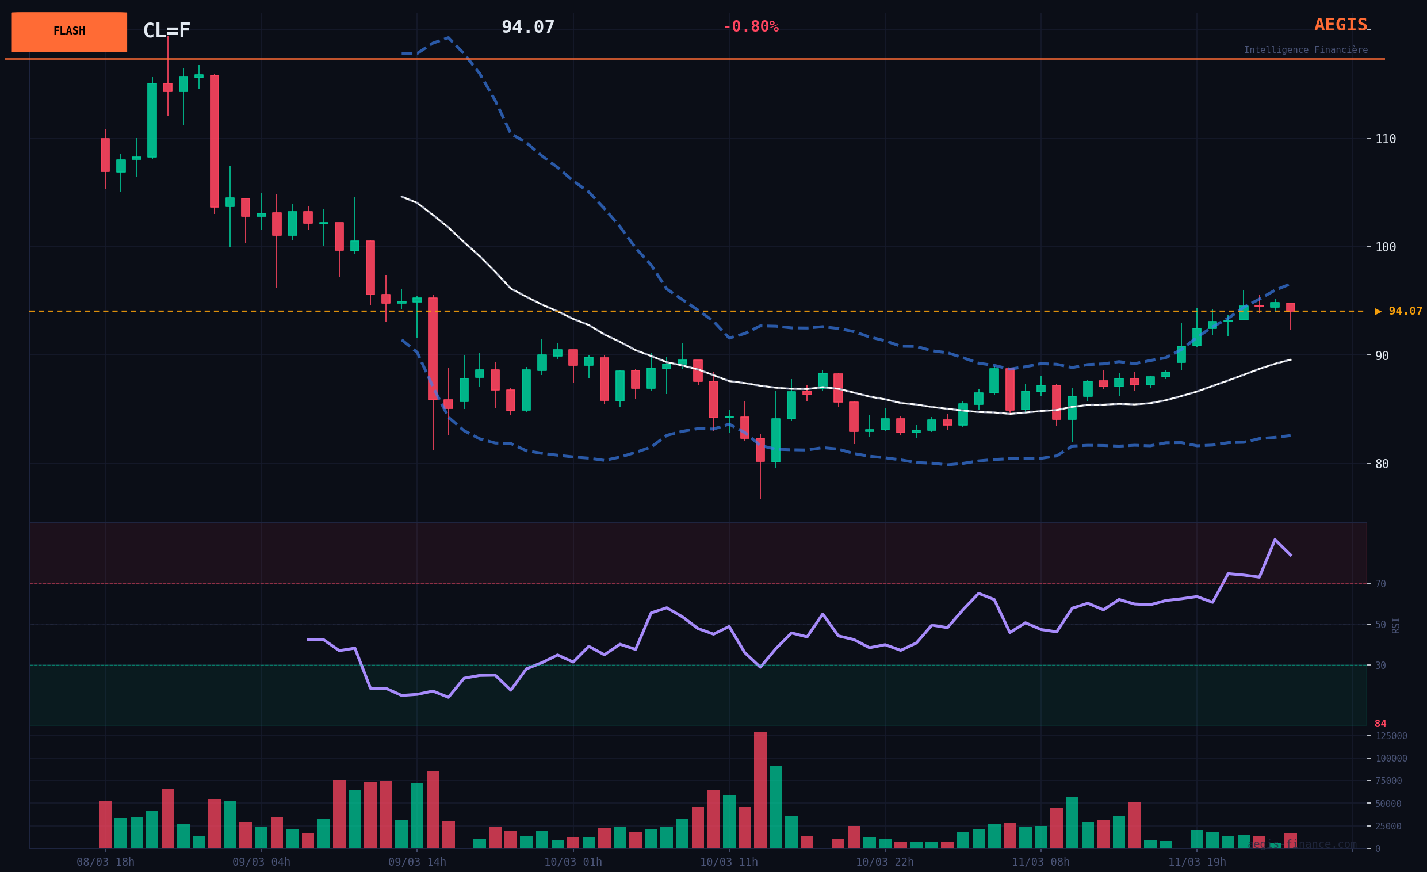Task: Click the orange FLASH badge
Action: click(x=69, y=32)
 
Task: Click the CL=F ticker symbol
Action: click(x=166, y=30)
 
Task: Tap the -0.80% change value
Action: click(x=751, y=27)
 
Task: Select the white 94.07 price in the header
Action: click(x=527, y=27)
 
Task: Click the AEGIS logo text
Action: click(x=1340, y=25)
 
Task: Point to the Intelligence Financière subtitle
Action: click(x=1306, y=51)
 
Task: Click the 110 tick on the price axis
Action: click(x=1386, y=139)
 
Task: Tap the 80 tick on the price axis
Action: click(x=1382, y=464)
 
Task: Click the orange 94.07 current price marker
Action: click(x=1399, y=312)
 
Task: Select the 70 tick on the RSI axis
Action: click(x=1380, y=584)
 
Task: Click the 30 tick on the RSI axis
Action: click(x=1380, y=666)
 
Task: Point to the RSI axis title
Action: click(x=1396, y=625)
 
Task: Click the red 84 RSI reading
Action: click(x=1380, y=724)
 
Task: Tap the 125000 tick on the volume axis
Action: click(x=1391, y=736)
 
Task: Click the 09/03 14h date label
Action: click(x=417, y=862)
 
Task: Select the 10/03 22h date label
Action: click(x=885, y=862)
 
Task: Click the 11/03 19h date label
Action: click(x=1197, y=862)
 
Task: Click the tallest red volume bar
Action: click(x=760, y=790)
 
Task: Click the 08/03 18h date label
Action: click(x=105, y=862)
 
